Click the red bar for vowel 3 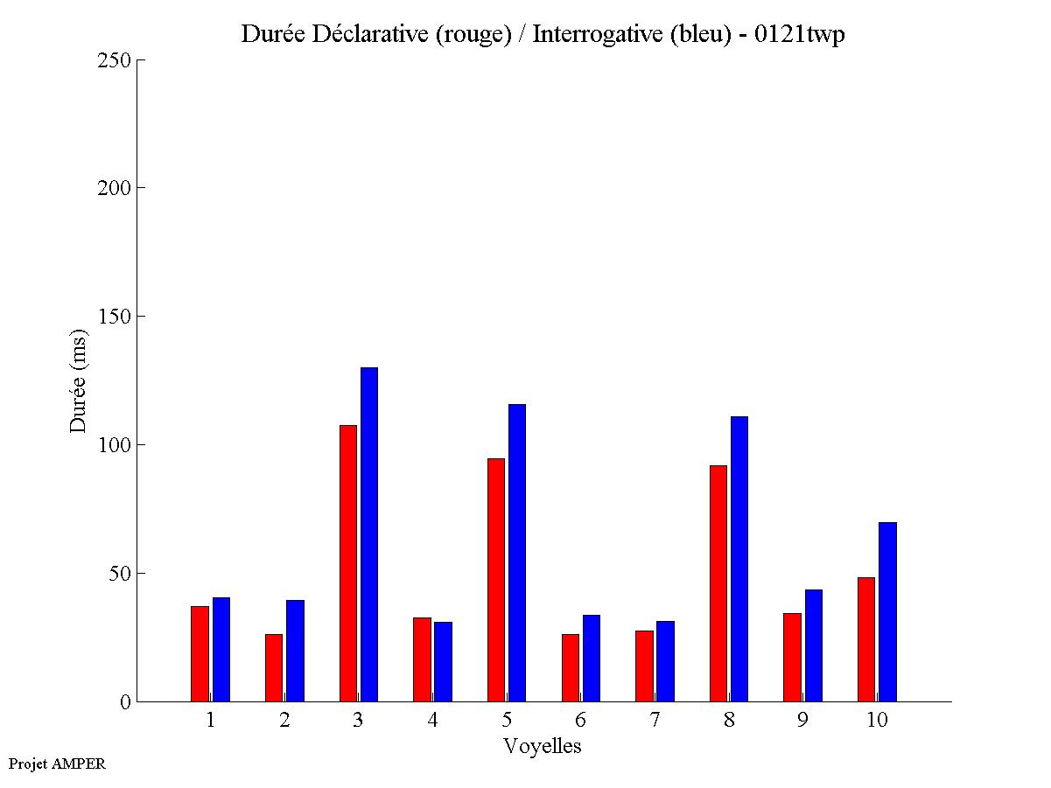click(348, 563)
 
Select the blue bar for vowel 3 click(369, 534)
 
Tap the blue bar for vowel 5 click(517, 553)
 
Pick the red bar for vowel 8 click(718, 583)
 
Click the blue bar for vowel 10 click(887, 611)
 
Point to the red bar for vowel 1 click(200, 653)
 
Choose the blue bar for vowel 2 click(295, 651)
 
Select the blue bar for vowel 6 click(592, 658)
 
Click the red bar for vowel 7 click(644, 666)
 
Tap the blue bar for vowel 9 click(814, 645)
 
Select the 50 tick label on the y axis click(119, 574)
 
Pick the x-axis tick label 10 click(877, 721)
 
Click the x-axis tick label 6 click(581, 721)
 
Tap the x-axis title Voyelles click(543, 746)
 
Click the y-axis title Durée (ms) click(79, 380)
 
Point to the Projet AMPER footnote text click(57, 764)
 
